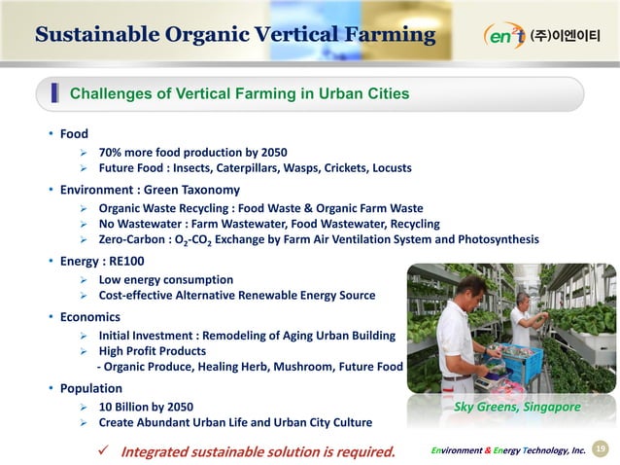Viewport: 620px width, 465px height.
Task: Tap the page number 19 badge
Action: (x=600, y=448)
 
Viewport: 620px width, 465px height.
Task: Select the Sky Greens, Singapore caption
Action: (x=517, y=407)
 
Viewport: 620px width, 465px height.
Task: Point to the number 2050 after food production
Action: (x=268, y=153)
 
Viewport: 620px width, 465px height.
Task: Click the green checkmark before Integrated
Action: (x=101, y=450)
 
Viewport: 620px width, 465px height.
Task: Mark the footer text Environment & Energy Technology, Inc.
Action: (x=507, y=449)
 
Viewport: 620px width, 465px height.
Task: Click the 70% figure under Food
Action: (x=112, y=153)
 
